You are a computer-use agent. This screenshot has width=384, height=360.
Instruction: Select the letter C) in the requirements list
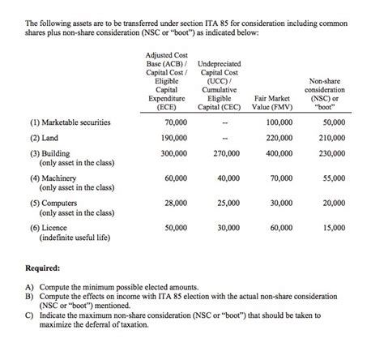(31, 315)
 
